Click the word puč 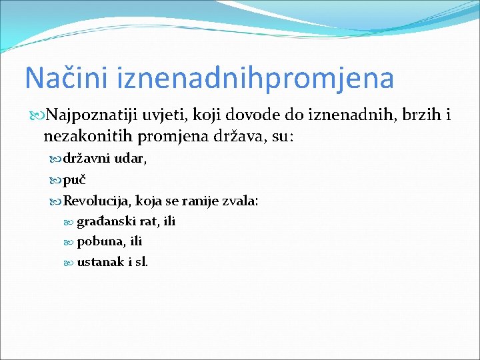click(x=75, y=180)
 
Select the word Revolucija click(x=95, y=201)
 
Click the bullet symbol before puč click(x=56, y=180)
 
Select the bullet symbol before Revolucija click(x=56, y=201)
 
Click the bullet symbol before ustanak click(x=70, y=262)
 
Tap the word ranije click(x=198, y=201)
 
